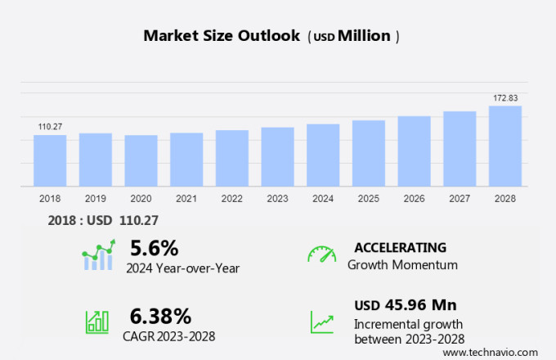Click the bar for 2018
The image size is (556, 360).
[50, 160]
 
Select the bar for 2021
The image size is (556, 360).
[186, 160]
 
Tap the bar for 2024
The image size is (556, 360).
[323, 155]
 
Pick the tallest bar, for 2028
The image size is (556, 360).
[505, 146]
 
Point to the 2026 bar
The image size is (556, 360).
[415, 151]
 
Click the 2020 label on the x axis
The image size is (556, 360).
[141, 198]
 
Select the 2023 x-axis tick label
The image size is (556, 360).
[277, 198]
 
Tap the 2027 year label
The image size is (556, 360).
[460, 198]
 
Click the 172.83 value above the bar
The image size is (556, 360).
[505, 98]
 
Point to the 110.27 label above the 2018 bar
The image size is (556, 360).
[50, 126]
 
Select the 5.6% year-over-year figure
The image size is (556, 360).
[154, 247]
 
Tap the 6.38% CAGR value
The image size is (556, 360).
[160, 316]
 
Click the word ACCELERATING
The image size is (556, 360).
[400, 247]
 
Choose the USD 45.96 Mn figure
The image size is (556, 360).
[405, 305]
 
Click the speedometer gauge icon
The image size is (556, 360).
[321, 254]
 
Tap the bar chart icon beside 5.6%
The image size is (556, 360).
[98, 255]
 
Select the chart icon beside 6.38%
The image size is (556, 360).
[97, 321]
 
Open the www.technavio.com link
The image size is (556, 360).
[495, 351]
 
